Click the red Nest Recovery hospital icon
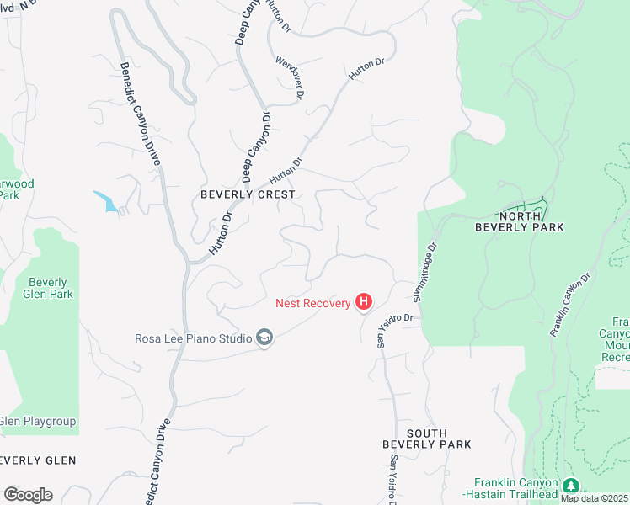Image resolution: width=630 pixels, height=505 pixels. [x=364, y=301]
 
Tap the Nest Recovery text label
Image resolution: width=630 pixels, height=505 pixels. [x=312, y=303]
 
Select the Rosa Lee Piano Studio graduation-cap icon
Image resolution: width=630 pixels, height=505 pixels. [x=264, y=338]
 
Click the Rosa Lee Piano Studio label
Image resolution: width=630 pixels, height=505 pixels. [x=194, y=339]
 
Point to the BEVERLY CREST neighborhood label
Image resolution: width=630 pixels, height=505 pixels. [x=248, y=194]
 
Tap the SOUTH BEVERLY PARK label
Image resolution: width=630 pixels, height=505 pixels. [x=426, y=439]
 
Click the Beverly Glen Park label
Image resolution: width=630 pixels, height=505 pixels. [x=51, y=288]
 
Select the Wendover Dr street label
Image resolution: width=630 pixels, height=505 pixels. [x=289, y=77]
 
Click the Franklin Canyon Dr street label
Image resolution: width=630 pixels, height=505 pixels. [x=571, y=304]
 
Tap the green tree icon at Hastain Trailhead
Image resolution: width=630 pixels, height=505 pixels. [x=571, y=486]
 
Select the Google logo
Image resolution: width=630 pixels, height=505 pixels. [x=28, y=495]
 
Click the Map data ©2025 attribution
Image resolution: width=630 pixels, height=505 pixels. [x=594, y=498]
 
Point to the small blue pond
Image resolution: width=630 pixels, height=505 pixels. [x=106, y=201]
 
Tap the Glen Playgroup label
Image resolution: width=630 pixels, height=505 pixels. [x=37, y=421]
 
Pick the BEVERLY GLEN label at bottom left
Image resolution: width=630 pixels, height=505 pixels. [x=38, y=460]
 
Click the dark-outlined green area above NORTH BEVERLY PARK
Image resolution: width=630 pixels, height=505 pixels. [x=532, y=205]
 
